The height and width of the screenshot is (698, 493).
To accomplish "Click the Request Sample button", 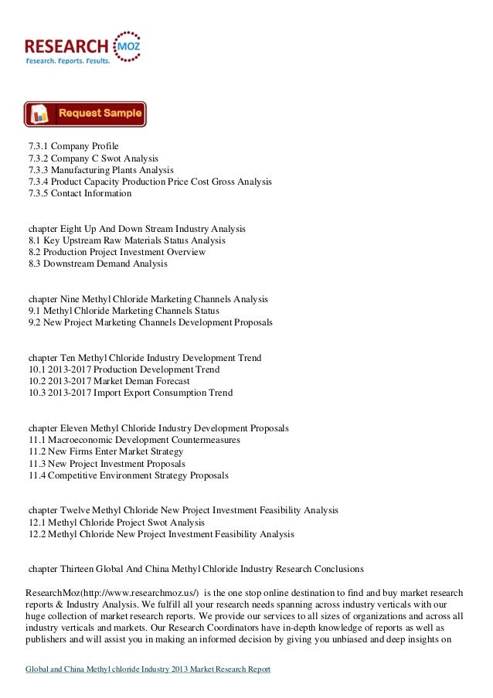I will (x=85, y=114).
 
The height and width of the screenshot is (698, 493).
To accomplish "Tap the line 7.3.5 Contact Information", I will (x=80, y=193).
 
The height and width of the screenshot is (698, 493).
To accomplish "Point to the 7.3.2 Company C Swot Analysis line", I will (x=93, y=158).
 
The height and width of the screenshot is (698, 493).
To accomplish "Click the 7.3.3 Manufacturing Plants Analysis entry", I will (x=100, y=170).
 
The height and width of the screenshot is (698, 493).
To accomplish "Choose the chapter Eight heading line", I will (x=137, y=230).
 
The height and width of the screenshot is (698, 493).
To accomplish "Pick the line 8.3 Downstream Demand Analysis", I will (x=97, y=264).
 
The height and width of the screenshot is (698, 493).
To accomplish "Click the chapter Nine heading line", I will (x=148, y=298).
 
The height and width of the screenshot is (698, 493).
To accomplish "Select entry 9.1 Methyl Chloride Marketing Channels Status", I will (x=124, y=311).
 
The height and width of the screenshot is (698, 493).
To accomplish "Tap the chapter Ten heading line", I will (x=144, y=358).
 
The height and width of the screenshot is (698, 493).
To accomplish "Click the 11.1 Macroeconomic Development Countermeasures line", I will (x=134, y=440).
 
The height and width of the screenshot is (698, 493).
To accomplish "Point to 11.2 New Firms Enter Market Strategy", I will (x=106, y=451).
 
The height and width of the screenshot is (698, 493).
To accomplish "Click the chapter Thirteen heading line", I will (x=195, y=569).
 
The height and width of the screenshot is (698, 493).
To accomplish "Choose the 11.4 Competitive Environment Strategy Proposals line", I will (x=128, y=475).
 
